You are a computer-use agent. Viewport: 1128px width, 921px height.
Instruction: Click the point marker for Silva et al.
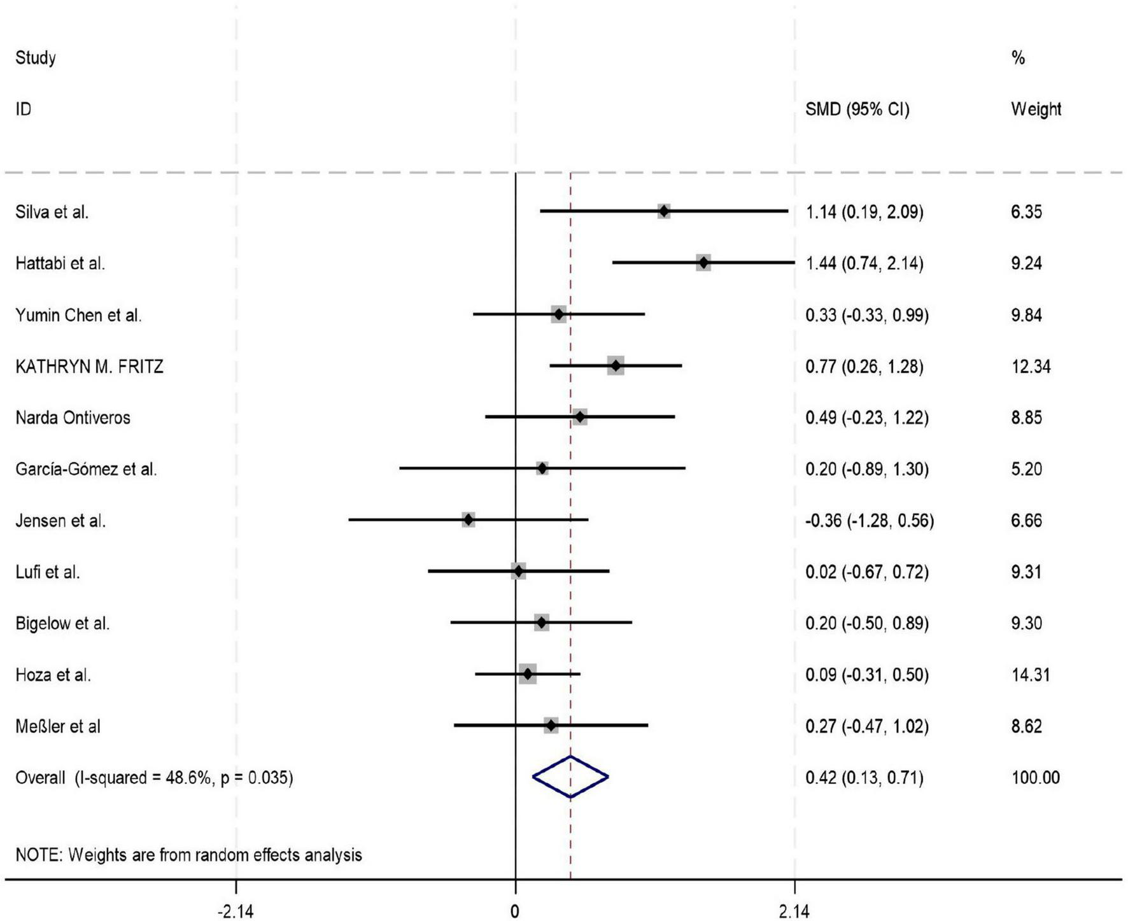[x=664, y=211]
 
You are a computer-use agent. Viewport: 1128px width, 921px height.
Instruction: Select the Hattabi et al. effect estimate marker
[x=703, y=263]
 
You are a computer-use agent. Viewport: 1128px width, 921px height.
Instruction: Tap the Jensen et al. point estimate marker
[x=469, y=520]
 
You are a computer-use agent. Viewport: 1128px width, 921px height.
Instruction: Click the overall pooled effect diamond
[x=570, y=777]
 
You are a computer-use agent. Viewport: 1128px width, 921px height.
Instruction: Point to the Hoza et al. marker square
[x=527, y=674]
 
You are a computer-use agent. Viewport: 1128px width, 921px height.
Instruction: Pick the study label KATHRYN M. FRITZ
[x=89, y=367]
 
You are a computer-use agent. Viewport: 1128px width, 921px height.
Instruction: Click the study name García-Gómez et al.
[x=86, y=469]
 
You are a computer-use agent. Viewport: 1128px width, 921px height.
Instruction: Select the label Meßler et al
[x=58, y=726]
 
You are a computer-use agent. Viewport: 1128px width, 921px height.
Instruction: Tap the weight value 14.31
[x=1030, y=675]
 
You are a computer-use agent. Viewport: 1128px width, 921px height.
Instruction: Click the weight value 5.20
[x=1026, y=469]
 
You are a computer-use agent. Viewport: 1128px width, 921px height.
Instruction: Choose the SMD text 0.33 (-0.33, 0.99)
[x=866, y=315]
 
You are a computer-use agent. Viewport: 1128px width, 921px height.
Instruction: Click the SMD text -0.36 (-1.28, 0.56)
[x=869, y=521]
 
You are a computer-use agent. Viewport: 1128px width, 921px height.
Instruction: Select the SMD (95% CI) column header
[x=857, y=109]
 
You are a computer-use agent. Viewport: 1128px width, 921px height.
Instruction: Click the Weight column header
[x=1036, y=109]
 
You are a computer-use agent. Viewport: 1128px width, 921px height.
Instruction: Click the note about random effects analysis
[x=188, y=855]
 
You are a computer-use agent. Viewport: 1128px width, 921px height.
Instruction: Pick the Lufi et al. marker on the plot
[x=518, y=572]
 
